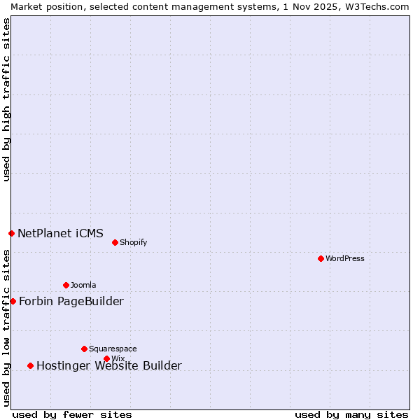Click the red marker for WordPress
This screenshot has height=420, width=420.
(321, 258)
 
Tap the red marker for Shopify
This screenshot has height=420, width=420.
(115, 242)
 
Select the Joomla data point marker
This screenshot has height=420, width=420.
(66, 285)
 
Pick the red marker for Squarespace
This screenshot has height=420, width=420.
(84, 349)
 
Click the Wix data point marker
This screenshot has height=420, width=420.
(106, 358)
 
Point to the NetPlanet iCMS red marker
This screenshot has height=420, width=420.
(11, 233)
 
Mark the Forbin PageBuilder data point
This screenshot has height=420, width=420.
(13, 301)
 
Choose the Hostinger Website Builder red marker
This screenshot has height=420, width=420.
(30, 365)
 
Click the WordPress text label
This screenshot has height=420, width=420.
(345, 258)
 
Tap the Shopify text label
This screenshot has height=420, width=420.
(133, 242)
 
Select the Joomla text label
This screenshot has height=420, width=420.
(83, 285)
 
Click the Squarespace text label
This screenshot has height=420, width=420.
(113, 349)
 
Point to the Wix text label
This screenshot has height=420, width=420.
(118, 358)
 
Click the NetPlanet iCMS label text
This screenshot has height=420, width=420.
(60, 233)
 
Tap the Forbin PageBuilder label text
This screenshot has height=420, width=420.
(71, 301)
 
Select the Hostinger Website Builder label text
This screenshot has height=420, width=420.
(108, 365)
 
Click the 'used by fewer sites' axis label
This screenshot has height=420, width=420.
(72, 414)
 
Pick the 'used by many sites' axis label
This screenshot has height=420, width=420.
(351, 414)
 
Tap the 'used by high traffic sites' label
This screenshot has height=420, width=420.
(6, 99)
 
